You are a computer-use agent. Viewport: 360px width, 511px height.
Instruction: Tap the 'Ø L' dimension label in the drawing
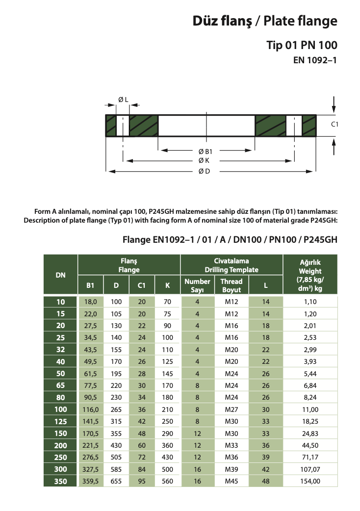[x=123, y=100]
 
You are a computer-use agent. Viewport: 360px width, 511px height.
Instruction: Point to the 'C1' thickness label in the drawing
[x=335, y=125]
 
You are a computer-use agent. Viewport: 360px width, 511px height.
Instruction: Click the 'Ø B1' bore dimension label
[x=205, y=152]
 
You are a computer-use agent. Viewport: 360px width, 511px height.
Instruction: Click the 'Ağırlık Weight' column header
[x=310, y=275]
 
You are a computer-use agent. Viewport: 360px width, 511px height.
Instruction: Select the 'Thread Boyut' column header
[x=231, y=285]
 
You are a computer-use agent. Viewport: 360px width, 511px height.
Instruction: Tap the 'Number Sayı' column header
[x=197, y=285]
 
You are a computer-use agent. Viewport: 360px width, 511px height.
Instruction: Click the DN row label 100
[x=60, y=395]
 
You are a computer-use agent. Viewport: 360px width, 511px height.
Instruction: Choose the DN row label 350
[x=60, y=481]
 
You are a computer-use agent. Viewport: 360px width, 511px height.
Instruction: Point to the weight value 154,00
[x=310, y=481]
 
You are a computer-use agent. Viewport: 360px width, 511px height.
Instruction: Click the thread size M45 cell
[x=231, y=481]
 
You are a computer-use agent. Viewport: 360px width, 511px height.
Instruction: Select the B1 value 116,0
[x=91, y=395]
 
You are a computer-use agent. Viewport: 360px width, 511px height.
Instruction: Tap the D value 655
[x=116, y=481]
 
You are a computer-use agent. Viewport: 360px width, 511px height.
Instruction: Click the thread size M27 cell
[x=231, y=395]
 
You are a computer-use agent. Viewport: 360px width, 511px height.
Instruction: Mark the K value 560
[x=168, y=481]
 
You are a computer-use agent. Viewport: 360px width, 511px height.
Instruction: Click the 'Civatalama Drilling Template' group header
[x=231, y=265]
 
